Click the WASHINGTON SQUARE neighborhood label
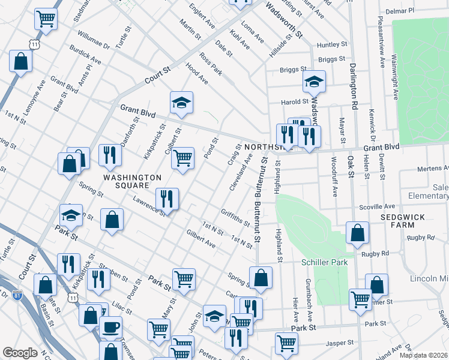[133, 178]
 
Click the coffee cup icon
[110, 328]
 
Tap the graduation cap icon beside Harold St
[313, 82]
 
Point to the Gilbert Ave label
[200, 238]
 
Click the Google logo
[20, 353]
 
